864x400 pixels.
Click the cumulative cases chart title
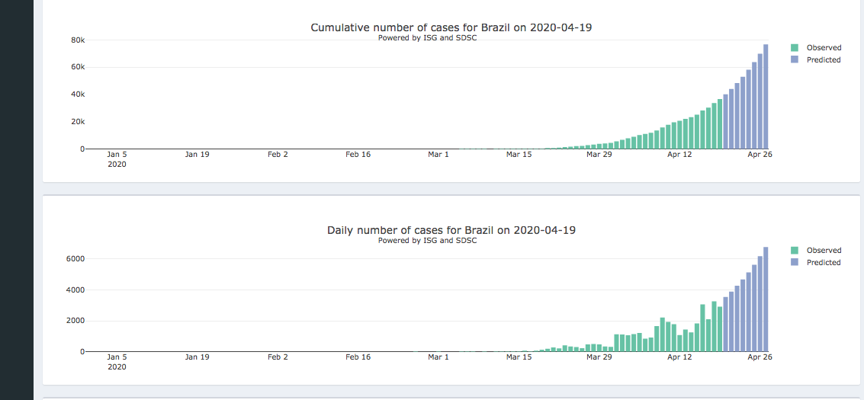451,27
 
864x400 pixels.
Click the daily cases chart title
451,230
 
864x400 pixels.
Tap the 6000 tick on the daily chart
74,259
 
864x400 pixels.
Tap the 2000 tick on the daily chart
74,321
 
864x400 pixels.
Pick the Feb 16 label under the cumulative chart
358,155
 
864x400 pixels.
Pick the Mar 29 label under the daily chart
599,357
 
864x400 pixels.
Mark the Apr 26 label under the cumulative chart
760,155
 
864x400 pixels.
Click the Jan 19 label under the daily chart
197,357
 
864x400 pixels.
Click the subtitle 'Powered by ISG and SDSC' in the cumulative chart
427,38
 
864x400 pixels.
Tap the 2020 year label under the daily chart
117,366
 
